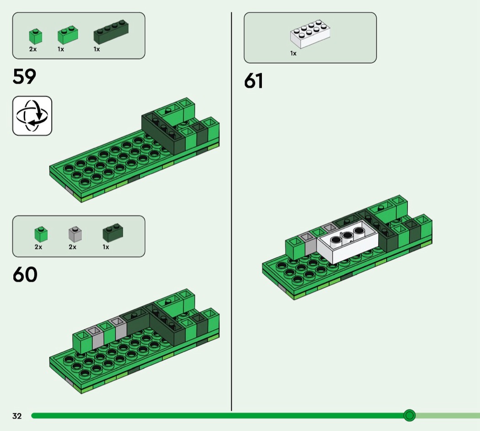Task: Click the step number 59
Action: [x=24, y=76]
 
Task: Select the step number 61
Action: [x=253, y=81]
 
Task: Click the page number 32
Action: [x=17, y=416]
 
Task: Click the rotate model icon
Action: [x=32, y=116]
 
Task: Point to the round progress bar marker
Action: [x=409, y=415]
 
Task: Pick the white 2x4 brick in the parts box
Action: [x=310, y=34]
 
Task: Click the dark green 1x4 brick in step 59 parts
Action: [x=111, y=32]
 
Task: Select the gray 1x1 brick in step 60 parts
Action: [x=75, y=234]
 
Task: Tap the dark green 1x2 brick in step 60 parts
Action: [x=112, y=233]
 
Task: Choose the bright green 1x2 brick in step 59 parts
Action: [x=68, y=35]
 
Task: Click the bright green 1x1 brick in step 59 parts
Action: [x=36, y=37]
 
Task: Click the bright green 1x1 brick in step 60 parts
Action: [x=41, y=234]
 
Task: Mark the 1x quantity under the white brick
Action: [x=293, y=53]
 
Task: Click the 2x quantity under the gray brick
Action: [x=73, y=247]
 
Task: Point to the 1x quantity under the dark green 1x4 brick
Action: [x=97, y=49]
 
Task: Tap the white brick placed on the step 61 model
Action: [x=347, y=242]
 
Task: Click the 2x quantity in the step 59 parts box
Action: [x=33, y=49]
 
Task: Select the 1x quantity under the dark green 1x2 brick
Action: [x=106, y=247]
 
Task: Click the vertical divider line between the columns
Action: [x=231, y=211]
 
